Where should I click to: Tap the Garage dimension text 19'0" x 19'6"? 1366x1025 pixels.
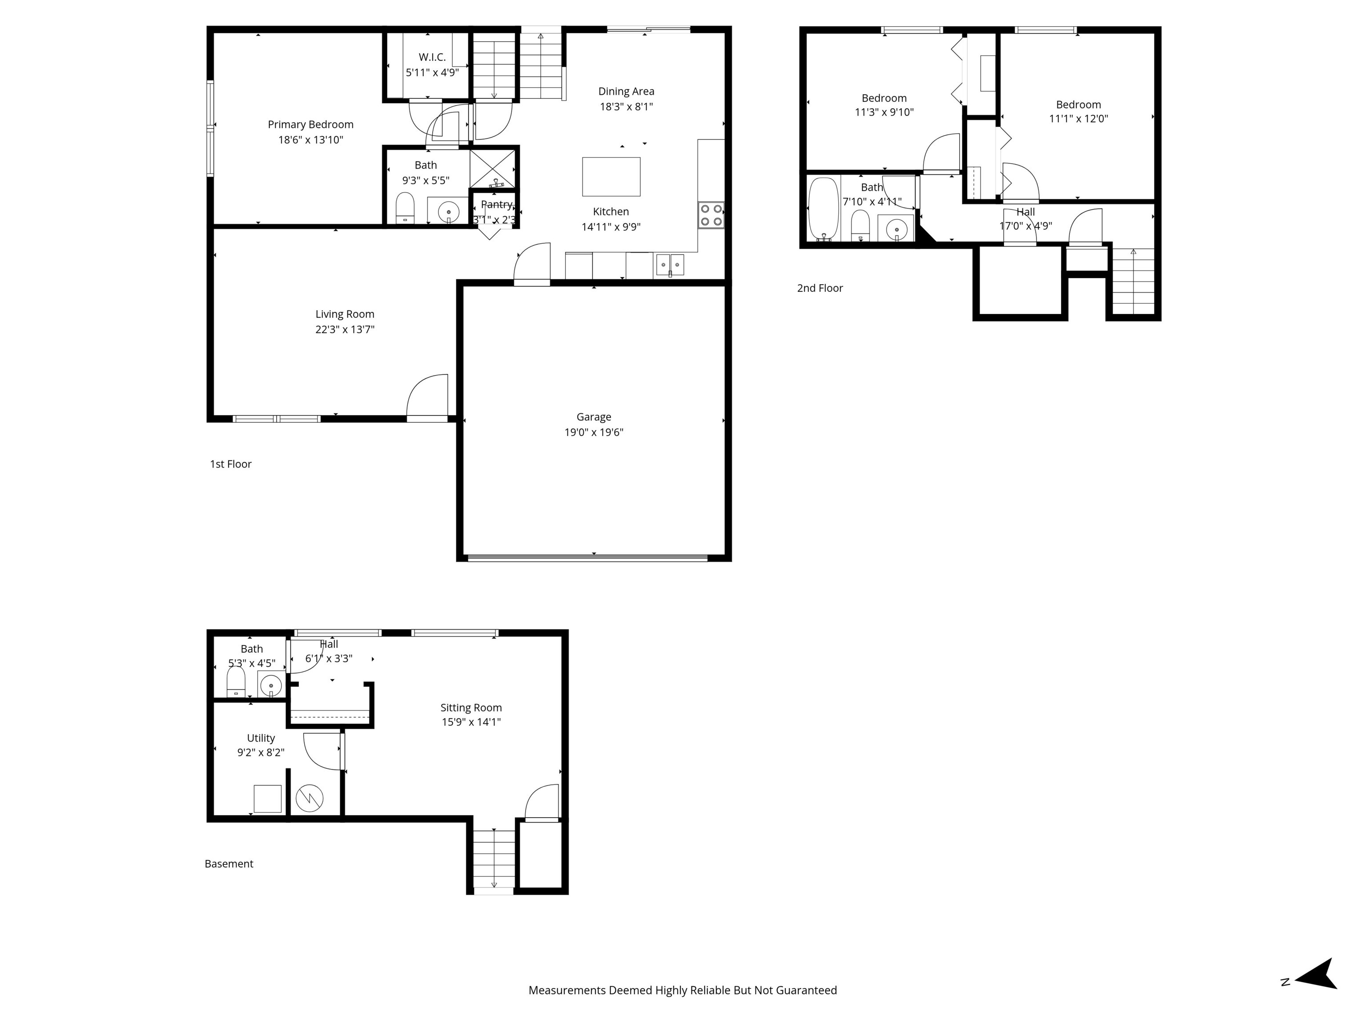594,432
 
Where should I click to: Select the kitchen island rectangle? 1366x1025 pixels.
611,177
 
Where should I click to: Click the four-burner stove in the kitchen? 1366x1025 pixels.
711,215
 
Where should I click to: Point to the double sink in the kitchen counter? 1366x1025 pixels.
669,264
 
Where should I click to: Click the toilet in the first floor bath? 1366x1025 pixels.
405,208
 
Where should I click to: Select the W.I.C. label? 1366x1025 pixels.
432,57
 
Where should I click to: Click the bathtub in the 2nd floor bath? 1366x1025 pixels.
823,209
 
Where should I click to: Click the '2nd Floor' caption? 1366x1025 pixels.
820,288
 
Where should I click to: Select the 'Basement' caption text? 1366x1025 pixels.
229,864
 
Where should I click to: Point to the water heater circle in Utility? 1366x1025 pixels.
309,798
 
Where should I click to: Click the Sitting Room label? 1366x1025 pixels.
470,707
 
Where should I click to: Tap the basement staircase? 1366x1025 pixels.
494,858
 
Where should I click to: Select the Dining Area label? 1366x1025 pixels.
626,92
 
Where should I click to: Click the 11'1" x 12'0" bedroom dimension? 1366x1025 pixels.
1078,119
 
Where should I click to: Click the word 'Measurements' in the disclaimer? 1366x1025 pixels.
567,990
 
